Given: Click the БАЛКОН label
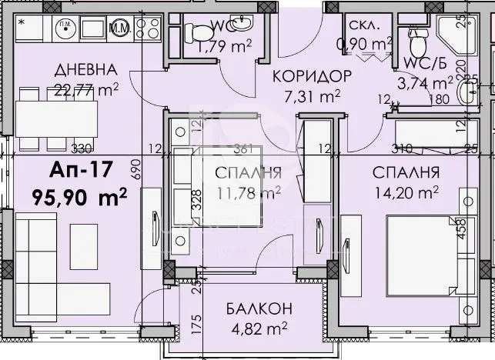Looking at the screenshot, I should coord(259,308).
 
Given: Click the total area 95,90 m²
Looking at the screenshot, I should coord(79,197).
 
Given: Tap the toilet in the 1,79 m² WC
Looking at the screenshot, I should coord(202,32).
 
